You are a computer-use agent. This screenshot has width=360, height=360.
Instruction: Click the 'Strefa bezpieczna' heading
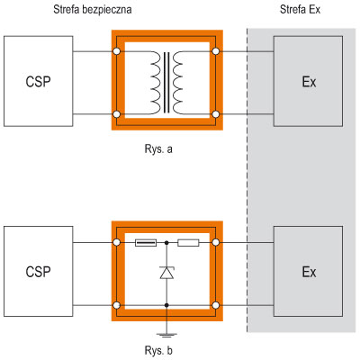point(93,9)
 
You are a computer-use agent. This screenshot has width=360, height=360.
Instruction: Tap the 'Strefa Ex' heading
point(300,9)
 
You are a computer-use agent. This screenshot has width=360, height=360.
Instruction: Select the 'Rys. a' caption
point(158,149)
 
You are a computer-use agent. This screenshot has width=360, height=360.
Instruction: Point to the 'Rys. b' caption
point(158,350)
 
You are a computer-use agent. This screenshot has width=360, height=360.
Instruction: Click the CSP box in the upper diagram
point(39,81)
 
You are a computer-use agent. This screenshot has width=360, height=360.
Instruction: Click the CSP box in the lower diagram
point(39,272)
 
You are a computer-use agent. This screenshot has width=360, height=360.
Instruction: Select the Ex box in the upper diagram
point(308,81)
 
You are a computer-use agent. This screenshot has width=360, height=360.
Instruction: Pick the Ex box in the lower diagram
point(308,272)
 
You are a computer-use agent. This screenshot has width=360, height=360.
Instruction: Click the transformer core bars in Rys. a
point(166,83)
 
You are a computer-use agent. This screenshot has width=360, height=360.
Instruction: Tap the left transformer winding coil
point(155,83)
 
